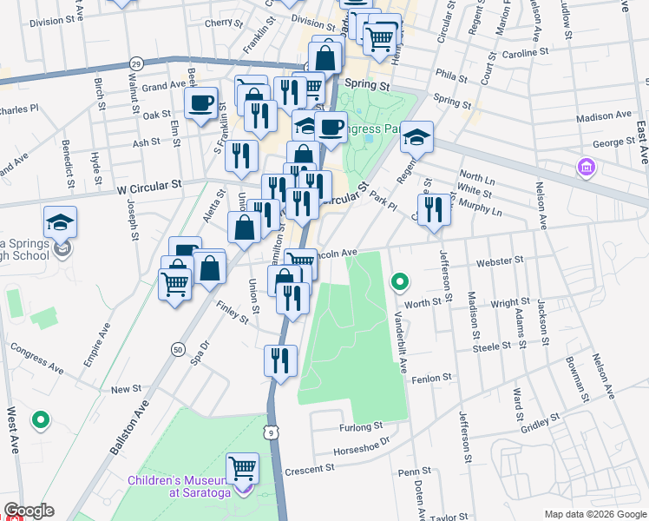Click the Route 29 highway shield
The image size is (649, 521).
[135, 64]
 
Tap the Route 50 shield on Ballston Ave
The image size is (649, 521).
[178, 349]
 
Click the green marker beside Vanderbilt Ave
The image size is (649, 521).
[399, 281]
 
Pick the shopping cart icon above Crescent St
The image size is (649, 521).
[243, 469]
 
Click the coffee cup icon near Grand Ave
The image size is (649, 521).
[200, 102]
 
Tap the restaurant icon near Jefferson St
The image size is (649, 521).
[434, 209]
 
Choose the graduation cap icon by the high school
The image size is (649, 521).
[60, 222]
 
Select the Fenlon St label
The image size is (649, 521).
[432, 379]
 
